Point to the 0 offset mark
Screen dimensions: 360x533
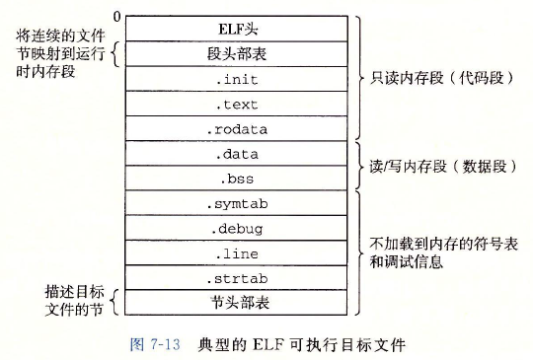point(117,16)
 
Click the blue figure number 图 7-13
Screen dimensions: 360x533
point(159,345)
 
